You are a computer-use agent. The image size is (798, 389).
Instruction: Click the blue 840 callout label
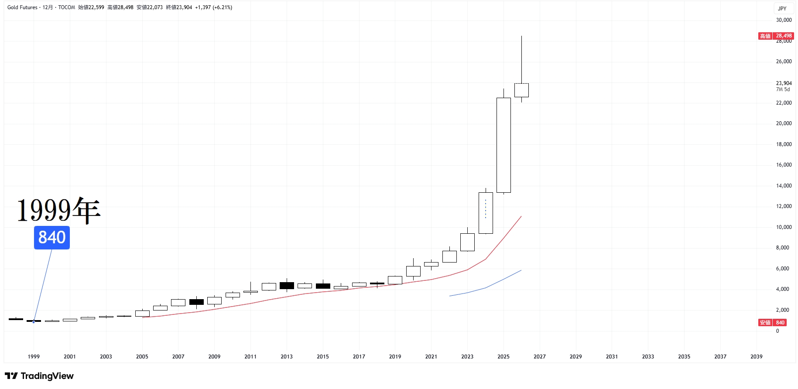tap(52, 238)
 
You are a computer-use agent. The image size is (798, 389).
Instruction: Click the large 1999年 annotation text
tap(59, 210)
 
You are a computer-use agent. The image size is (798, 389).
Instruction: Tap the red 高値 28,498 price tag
tap(776, 36)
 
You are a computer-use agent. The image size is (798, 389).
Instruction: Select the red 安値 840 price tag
tap(772, 323)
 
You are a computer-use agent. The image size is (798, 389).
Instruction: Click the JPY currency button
tap(782, 8)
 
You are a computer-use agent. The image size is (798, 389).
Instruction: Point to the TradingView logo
tap(39, 376)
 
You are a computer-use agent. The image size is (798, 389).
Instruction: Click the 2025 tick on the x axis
tap(503, 357)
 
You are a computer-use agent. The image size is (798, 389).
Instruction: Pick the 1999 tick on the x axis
tap(34, 357)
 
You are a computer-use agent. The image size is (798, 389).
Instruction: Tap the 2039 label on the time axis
tap(756, 357)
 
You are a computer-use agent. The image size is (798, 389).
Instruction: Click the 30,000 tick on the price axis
tap(784, 20)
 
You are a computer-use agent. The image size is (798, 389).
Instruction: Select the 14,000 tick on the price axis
tap(784, 186)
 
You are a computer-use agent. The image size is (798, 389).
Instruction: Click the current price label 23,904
tap(784, 83)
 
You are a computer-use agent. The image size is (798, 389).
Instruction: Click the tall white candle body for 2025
tap(503, 145)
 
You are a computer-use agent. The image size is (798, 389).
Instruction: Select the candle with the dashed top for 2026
tap(521, 90)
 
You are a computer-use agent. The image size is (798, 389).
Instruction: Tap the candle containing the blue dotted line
tap(486, 213)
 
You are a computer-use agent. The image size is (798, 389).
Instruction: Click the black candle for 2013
tap(287, 286)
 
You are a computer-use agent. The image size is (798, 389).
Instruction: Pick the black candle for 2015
tap(323, 286)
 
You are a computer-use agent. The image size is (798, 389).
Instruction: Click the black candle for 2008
tap(196, 302)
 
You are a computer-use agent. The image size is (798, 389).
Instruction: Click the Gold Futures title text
tap(22, 7)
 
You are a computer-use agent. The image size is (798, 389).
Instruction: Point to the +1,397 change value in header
tap(203, 7)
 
